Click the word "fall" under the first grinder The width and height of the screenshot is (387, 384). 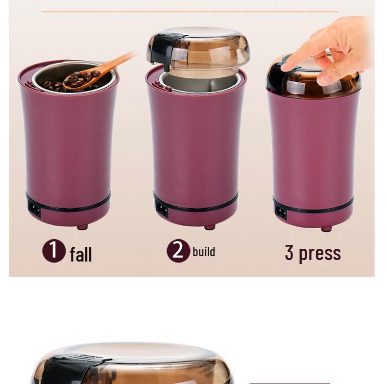pos(81,254)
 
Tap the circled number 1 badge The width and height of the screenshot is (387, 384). pos(54,251)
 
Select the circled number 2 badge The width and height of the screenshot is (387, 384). pos(178,251)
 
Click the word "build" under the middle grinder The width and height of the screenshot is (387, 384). pos(204,252)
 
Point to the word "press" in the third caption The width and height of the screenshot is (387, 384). pos(319,253)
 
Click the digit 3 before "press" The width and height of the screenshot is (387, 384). pos(289,253)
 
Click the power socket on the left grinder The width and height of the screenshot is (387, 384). pos(35,208)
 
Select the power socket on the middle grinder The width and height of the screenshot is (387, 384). pos(162,210)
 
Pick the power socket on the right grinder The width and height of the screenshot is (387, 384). pos(281,212)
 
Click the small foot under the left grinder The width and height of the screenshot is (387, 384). pos(82,227)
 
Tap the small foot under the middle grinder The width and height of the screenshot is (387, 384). pos(210,227)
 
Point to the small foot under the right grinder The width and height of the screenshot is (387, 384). pos(326,228)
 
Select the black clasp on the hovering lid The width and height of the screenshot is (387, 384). pos(162,49)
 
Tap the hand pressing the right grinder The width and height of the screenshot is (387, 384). pos(333,49)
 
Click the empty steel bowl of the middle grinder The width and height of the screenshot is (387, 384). pos(201,81)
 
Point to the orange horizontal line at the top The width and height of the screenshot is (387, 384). pos(190,11)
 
